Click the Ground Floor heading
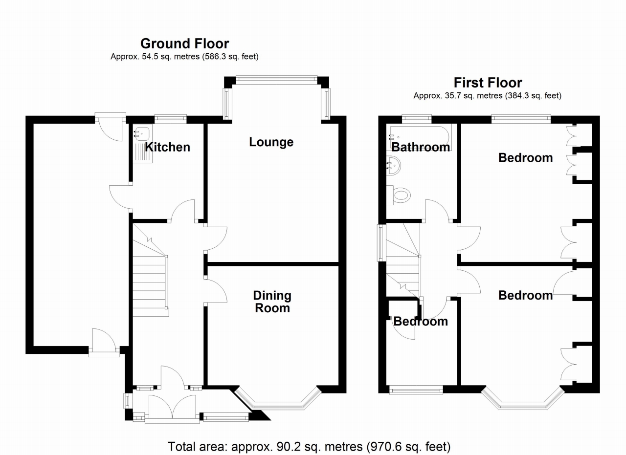[x=184, y=43]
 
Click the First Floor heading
[x=488, y=83]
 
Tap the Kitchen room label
[x=167, y=147]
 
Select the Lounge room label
[x=271, y=142]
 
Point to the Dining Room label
[x=272, y=302]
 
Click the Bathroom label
[x=421, y=147]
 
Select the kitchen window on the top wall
[x=170, y=118]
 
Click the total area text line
[x=309, y=446]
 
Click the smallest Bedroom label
[x=421, y=322]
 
